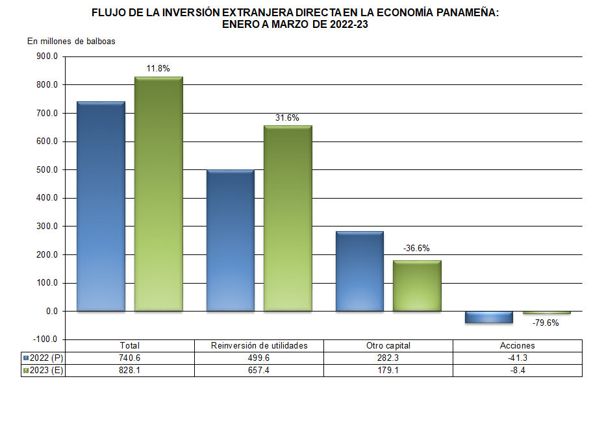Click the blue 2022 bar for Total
pyautogui.click(x=101, y=206)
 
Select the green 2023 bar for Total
pyautogui.click(x=158, y=194)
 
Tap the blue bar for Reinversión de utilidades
pyautogui.click(x=231, y=241)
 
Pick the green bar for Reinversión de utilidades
pyautogui.click(x=288, y=218)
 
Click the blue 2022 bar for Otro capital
pyautogui.click(x=360, y=271)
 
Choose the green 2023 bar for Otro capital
pyautogui.click(x=417, y=286)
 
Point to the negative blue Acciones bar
pyautogui.click(x=489, y=317)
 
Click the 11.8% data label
pyautogui.click(x=158, y=69)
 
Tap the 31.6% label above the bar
pyautogui.click(x=287, y=117)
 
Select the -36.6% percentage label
pyautogui.click(x=416, y=248)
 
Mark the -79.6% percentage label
pyautogui.click(x=546, y=323)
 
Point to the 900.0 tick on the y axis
pyautogui.click(x=47, y=56)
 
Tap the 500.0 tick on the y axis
pyautogui.click(x=47, y=170)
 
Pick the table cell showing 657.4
pyautogui.click(x=259, y=371)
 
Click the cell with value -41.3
pyautogui.click(x=518, y=358)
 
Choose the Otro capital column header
pyautogui.click(x=388, y=346)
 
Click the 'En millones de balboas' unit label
pyautogui.click(x=71, y=42)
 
